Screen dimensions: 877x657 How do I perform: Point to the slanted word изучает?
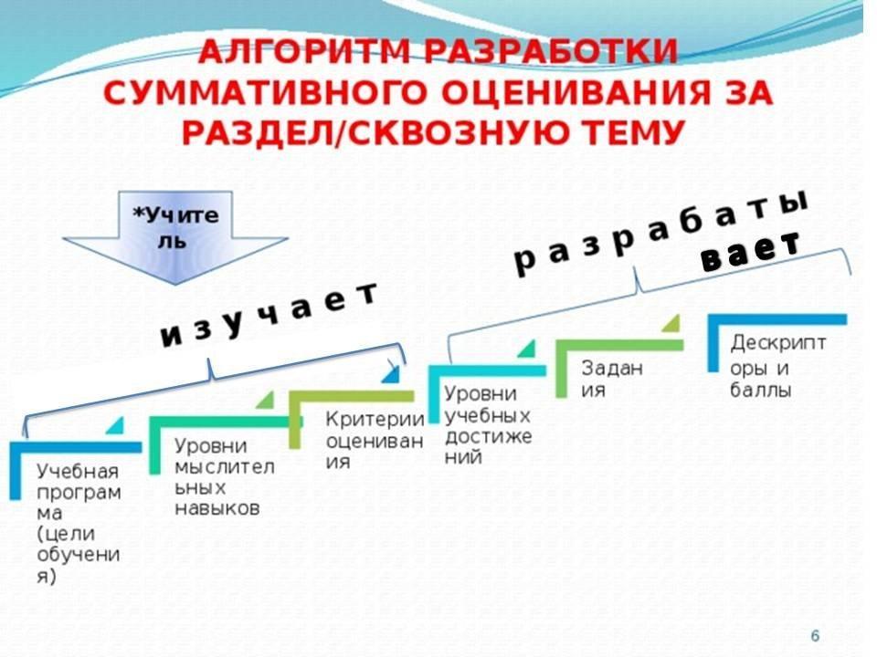[x=269, y=315]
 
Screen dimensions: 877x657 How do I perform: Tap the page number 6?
[x=815, y=636]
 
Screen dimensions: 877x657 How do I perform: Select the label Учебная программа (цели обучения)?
[x=79, y=524]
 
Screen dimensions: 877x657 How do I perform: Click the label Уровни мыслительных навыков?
[x=224, y=477]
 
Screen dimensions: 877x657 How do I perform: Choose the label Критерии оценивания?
[x=375, y=441]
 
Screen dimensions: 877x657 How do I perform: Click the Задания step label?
[x=612, y=379]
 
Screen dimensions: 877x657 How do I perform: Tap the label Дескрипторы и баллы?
[x=777, y=366]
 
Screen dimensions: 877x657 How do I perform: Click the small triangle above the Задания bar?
[x=671, y=324]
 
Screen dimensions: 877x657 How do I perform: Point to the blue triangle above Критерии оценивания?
[x=391, y=373]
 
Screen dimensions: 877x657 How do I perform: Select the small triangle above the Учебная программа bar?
[x=115, y=426]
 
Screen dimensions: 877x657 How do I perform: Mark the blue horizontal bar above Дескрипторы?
[x=778, y=320]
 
